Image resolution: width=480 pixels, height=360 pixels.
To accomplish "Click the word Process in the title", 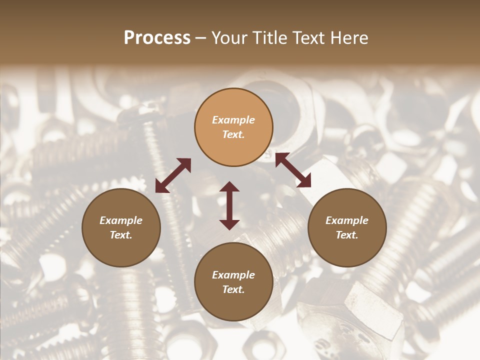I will pos(157,38).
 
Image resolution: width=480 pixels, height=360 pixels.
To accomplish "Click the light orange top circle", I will pos(233,127).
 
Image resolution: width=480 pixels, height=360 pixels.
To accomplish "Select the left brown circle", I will pos(121,227).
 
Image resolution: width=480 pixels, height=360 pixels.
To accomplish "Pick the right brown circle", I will pos(347,227).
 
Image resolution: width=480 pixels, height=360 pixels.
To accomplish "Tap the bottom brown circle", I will pos(233,282).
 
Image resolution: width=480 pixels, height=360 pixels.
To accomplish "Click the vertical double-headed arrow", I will pos(229,205).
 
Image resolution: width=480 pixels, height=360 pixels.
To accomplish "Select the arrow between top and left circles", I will pos(173,175).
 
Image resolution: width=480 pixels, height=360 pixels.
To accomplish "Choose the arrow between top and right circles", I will pos(293,170).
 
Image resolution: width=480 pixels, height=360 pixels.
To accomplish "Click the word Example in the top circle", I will pos(233,120).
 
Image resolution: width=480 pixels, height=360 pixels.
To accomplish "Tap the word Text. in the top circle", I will pos(233,134).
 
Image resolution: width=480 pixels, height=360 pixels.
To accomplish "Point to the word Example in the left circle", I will pos(121,220).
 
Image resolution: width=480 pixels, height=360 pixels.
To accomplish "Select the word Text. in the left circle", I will pos(121,235).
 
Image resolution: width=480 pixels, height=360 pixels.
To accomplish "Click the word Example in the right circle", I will pos(347,220).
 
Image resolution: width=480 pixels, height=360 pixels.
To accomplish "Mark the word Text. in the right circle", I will pos(347,235).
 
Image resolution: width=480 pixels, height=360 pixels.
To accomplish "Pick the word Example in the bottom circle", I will pos(233,275).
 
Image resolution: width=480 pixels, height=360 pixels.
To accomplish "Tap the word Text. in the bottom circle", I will pos(233,289).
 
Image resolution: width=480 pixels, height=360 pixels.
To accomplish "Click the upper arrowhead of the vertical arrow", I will pos(229,186).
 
